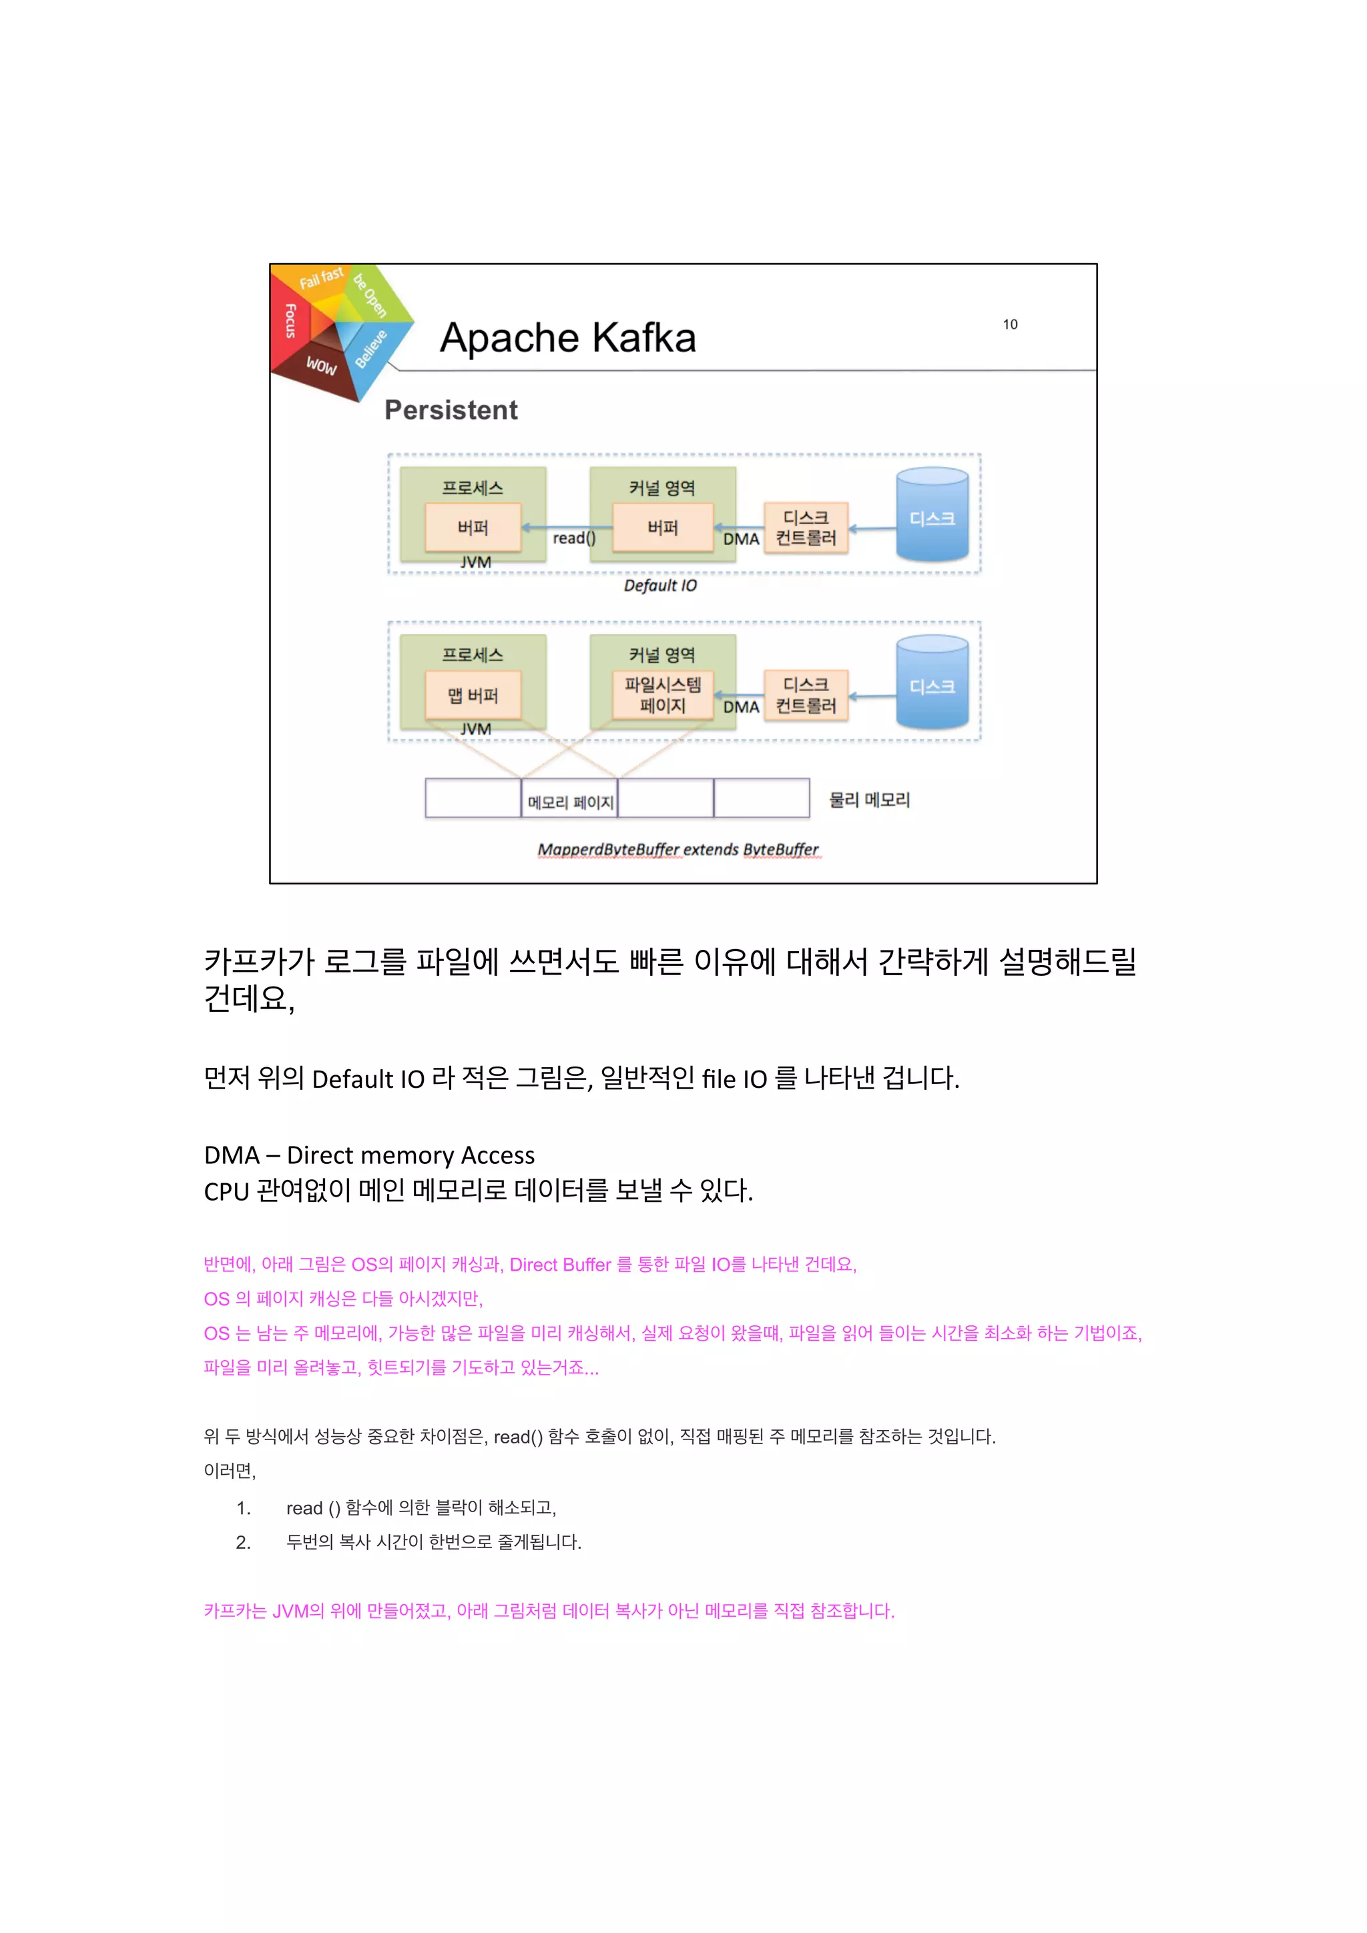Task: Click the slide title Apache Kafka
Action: click(x=567, y=338)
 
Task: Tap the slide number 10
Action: click(x=1010, y=324)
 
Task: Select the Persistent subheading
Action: click(x=451, y=410)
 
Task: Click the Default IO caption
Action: click(x=659, y=585)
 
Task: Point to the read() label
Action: click(x=573, y=538)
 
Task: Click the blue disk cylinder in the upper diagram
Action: click(x=932, y=515)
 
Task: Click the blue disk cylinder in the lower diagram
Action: click(x=932, y=683)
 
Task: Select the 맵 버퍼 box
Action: click(x=473, y=696)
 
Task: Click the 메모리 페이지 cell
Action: click(x=569, y=800)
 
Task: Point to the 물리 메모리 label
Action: click(x=869, y=800)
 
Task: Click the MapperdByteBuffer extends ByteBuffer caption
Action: click(x=678, y=850)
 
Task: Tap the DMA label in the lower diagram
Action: click(x=741, y=707)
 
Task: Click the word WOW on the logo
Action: click(x=321, y=366)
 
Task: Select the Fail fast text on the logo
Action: click(x=321, y=278)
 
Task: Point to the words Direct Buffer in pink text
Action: click(x=560, y=1265)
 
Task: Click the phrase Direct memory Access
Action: click(x=411, y=1155)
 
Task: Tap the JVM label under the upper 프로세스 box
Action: click(x=475, y=562)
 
